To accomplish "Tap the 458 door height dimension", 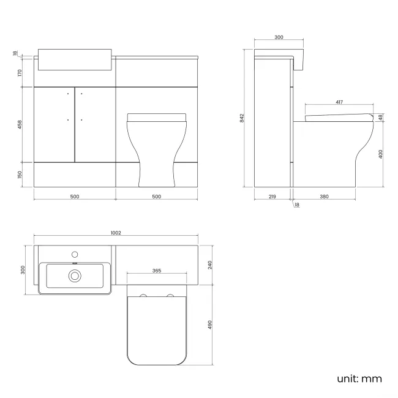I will click(x=20, y=124).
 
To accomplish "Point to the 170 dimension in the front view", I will click(x=20, y=73).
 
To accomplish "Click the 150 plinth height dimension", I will click(x=20, y=175).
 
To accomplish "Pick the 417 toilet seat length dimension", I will click(x=339, y=102).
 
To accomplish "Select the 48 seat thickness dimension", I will click(x=380, y=118).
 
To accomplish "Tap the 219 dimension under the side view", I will click(x=272, y=197).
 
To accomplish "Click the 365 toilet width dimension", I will click(x=156, y=270).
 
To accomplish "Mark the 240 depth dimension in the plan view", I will click(x=209, y=265).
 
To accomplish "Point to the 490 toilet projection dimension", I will click(x=209, y=324).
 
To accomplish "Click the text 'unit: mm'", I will click(x=359, y=379).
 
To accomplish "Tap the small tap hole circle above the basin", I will click(x=75, y=253).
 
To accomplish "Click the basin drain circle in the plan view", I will click(x=75, y=276).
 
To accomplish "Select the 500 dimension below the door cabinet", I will click(x=74, y=197).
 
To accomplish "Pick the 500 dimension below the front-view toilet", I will click(x=156, y=197).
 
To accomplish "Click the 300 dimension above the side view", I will click(x=279, y=38).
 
